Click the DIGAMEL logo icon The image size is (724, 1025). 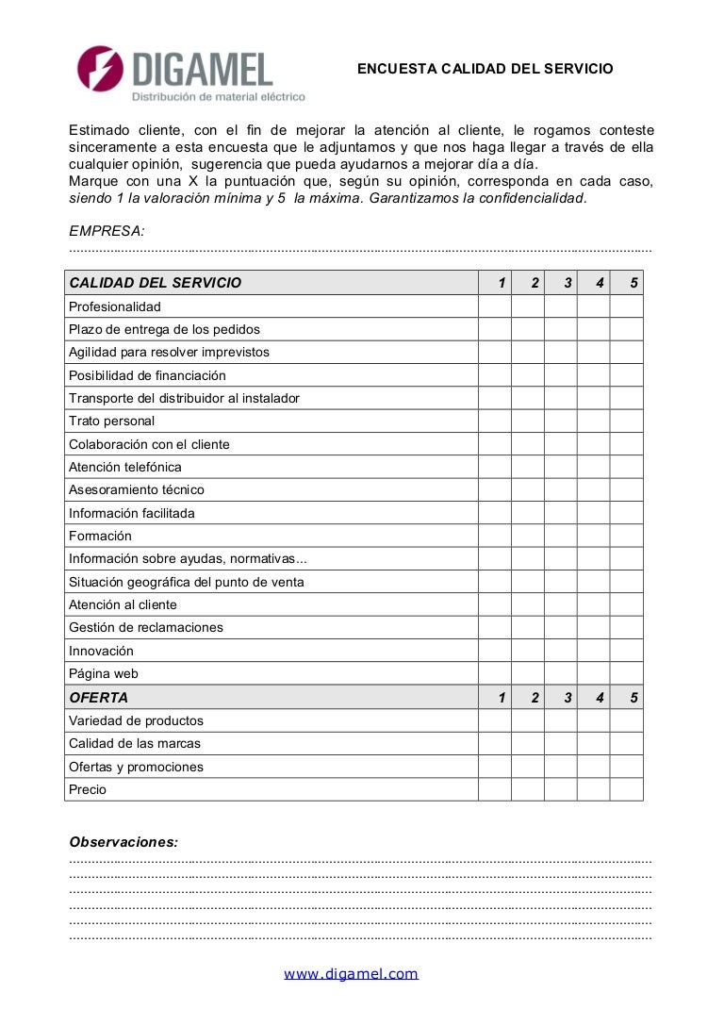point(101,69)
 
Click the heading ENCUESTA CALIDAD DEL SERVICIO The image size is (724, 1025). point(485,69)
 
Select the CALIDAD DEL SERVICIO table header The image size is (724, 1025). point(156,283)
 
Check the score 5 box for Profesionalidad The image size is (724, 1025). point(626,306)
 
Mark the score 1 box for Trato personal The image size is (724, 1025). point(495,422)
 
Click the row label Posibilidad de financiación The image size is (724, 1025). point(147,375)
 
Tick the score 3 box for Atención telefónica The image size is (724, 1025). point(561,467)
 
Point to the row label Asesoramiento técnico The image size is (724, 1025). point(137,490)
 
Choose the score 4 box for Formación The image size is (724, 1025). point(594,536)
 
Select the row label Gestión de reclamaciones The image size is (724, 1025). point(146,628)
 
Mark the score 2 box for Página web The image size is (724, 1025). point(528,673)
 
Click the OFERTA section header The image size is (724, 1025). point(99,698)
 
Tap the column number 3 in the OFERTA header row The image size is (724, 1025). point(568,698)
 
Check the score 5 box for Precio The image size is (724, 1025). point(626,789)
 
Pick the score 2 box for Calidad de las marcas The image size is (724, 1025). point(528,744)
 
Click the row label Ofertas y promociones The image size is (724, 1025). point(136,767)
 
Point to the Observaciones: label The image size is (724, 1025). point(123,842)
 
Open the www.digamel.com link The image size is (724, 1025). point(351,974)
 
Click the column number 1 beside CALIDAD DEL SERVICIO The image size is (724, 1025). point(502,283)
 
